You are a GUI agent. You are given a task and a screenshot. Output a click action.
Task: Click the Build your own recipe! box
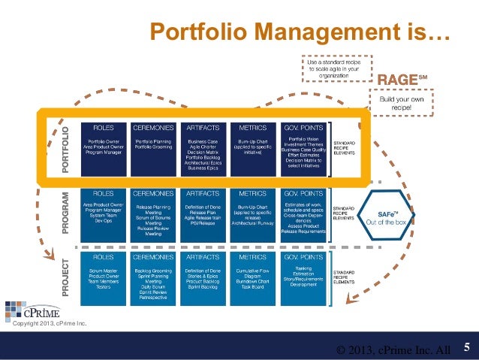tap(401, 103)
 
